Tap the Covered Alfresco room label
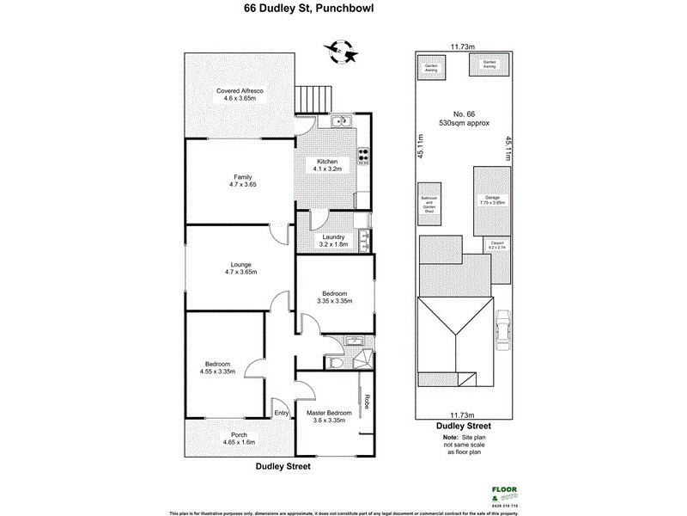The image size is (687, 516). point(240,90)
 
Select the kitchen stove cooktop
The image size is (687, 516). point(362,156)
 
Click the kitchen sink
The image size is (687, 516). point(342,122)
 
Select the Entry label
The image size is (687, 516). point(281,414)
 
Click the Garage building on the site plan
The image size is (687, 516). point(492,200)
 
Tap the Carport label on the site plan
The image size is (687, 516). point(497,243)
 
